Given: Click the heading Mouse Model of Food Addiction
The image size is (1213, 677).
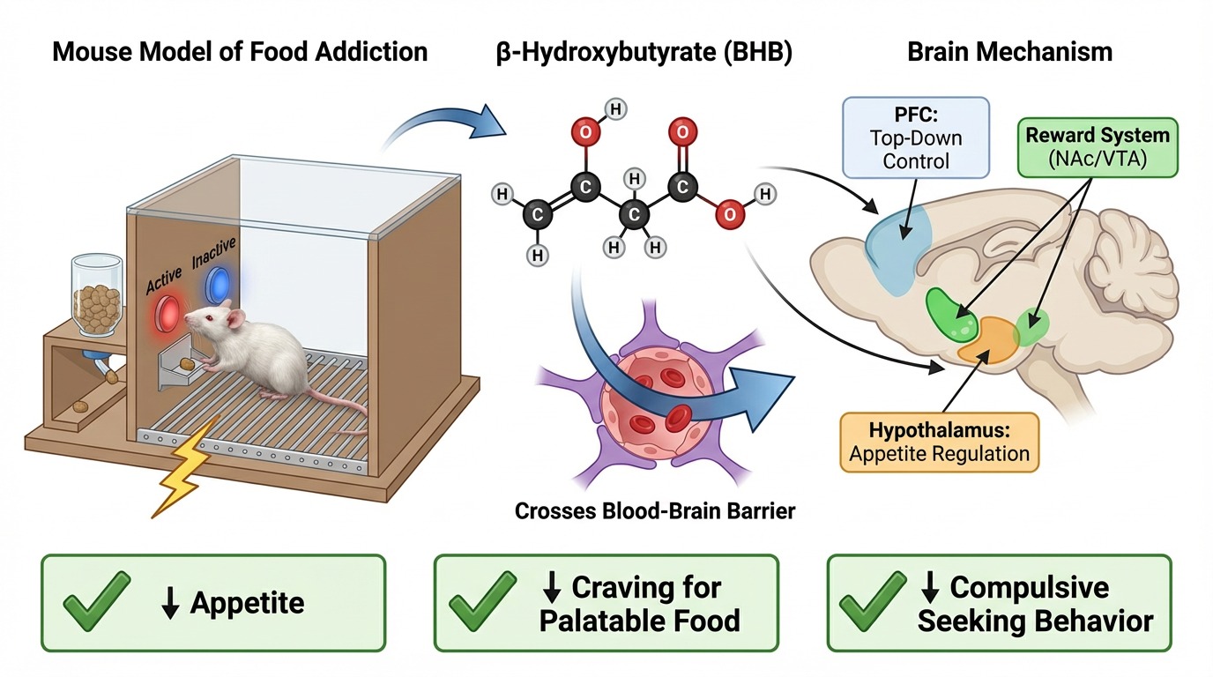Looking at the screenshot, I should [x=240, y=51].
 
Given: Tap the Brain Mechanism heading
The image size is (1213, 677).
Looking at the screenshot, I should [x=1009, y=51].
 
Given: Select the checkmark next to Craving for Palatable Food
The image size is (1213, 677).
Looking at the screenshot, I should [x=483, y=602].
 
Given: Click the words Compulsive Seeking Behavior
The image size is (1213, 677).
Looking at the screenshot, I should [x=1035, y=604].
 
